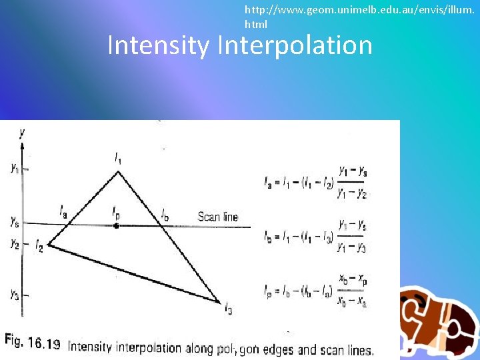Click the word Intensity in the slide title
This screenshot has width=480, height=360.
pyautogui.click(x=158, y=45)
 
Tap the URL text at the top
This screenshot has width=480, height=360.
pyautogui.click(x=361, y=17)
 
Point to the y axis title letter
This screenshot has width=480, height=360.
pyautogui.click(x=22, y=133)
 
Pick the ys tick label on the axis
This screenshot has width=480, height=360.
pyautogui.click(x=14, y=221)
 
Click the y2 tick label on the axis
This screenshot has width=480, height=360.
pyautogui.click(x=14, y=245)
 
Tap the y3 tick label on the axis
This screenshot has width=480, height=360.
pyautogui.click(x=14, y=294)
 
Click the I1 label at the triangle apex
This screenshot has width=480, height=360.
pyautogui.click(x=118, y=159)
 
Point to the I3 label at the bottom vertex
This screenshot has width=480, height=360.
pyautogui.click(x=228, y=307)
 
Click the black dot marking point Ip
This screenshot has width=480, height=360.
pyautogui.click(x=117, y=226)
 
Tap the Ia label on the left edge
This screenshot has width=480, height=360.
pyautogui.click(x=63, y=212)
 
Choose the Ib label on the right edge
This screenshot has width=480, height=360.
pyautogui.click(x=164, y=215)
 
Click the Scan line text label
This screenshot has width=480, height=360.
pyautogui.click(x=217, y=217)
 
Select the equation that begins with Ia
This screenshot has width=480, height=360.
pyautogui.click(x=316, y=182)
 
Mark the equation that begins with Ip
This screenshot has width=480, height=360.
pyautogui.click(x=316, y=290)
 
